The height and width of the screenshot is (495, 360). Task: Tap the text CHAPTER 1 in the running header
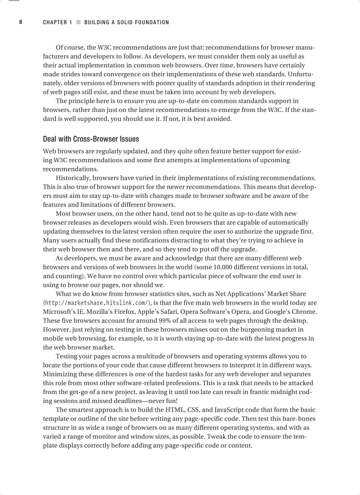click(57, 22)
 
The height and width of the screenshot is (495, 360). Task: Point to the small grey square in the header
click(79, 22)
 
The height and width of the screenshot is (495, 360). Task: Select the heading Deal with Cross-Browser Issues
click(91, 139)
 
